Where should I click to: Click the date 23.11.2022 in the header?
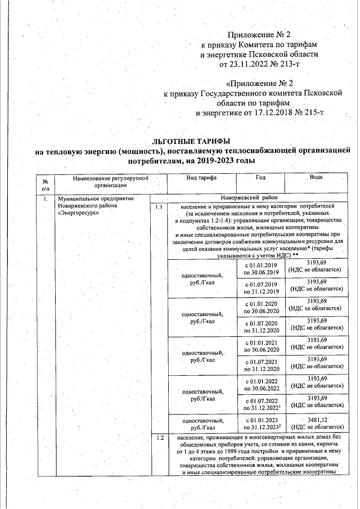coord(251,64)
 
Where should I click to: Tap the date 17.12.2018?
coord(263,113)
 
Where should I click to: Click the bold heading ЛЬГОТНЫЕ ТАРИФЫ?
coord(191,141)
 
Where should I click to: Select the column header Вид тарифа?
coord(202,178)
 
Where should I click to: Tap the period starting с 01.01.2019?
coord(263,265)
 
